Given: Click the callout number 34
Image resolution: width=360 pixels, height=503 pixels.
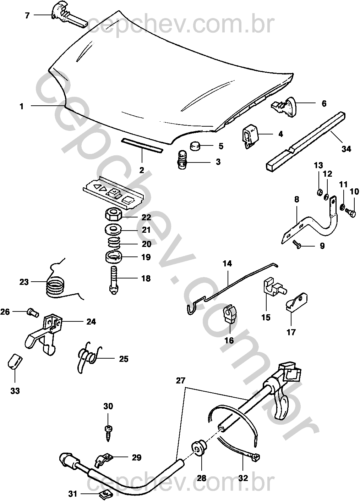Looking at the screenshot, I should [346, 149].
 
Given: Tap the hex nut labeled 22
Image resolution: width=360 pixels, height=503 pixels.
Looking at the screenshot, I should [114, 214].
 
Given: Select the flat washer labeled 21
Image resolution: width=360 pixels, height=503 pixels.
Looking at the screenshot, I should [113, 229].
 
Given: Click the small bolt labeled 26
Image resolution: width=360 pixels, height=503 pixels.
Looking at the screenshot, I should [32, 313].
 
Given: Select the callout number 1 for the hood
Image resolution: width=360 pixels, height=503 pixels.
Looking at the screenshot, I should [22, 106].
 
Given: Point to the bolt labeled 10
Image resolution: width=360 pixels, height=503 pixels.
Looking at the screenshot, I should [351, 212].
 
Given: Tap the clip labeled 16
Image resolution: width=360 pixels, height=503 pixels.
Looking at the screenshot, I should [229, 314].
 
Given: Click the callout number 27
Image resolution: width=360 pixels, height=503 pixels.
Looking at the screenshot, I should [180, 381].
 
